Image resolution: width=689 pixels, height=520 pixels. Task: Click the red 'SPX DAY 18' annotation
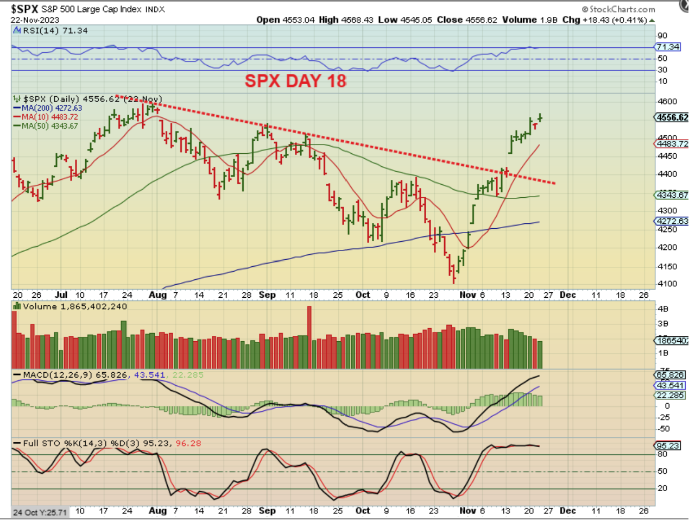pyautogui.click(x=295, y=81)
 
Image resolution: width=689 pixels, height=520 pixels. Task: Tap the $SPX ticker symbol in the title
pyautogui.click(x=24, y=9)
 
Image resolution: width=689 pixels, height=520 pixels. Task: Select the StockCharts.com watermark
pyautogui.click(x=618, y=9)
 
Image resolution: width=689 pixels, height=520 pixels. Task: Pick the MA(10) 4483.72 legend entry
pyautogui.click(x=49, y=117)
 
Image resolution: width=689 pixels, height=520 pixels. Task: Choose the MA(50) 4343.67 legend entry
pyautogui.click(x=49, y=126)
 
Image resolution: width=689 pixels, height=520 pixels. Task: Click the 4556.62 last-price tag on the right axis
pyautogui.click(x=672, y=117)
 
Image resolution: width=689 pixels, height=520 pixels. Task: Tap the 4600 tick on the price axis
pyautogui.click(x=667, y=102)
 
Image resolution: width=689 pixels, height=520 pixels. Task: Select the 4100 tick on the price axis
pyautogui.click(x=667, y=284)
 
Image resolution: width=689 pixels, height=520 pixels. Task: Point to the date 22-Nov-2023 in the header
pyautogui.click(x=35, y=20)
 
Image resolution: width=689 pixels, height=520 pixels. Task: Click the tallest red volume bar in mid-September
pyautogui.click(x=309, y=337)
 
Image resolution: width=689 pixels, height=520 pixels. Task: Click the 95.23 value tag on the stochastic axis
pyautogui.click(x=667, y=446)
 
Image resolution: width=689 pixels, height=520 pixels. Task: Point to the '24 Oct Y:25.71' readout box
pyautogui.click(x=40, y=512)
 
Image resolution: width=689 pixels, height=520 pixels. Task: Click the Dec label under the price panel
pyautogui.click(x=567, y=295)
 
